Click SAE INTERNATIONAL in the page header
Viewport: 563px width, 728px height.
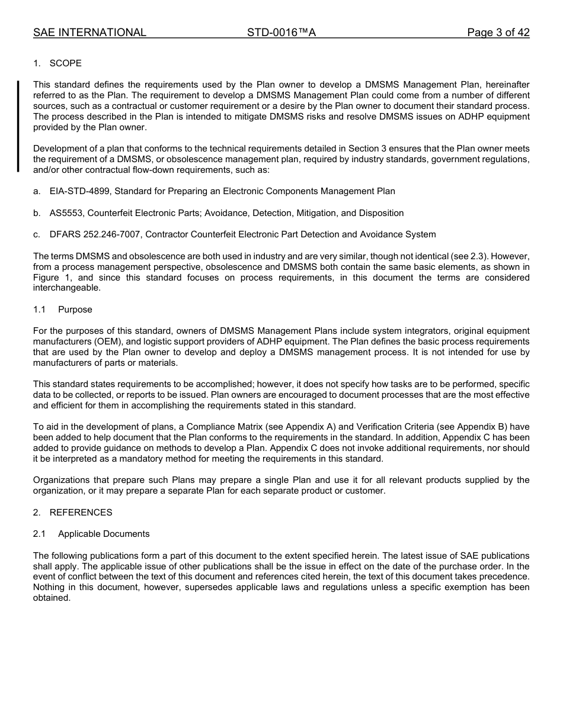point(89,33)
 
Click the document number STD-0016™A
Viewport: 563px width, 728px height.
point(281,33)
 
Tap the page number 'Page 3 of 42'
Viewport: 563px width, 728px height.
point(498,33)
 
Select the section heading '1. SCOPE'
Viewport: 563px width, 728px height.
point(57,63)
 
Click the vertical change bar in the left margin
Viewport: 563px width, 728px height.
point(18,126)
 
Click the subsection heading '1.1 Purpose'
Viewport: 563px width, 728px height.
point(63,310)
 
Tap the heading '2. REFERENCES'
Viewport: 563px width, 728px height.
point(72,513)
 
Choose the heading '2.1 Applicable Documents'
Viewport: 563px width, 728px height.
point(91,534)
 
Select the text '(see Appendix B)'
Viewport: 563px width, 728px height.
point(472,427)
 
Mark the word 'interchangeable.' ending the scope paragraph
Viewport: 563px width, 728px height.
point(67,288)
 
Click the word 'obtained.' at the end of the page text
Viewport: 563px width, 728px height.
point(52,598)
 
